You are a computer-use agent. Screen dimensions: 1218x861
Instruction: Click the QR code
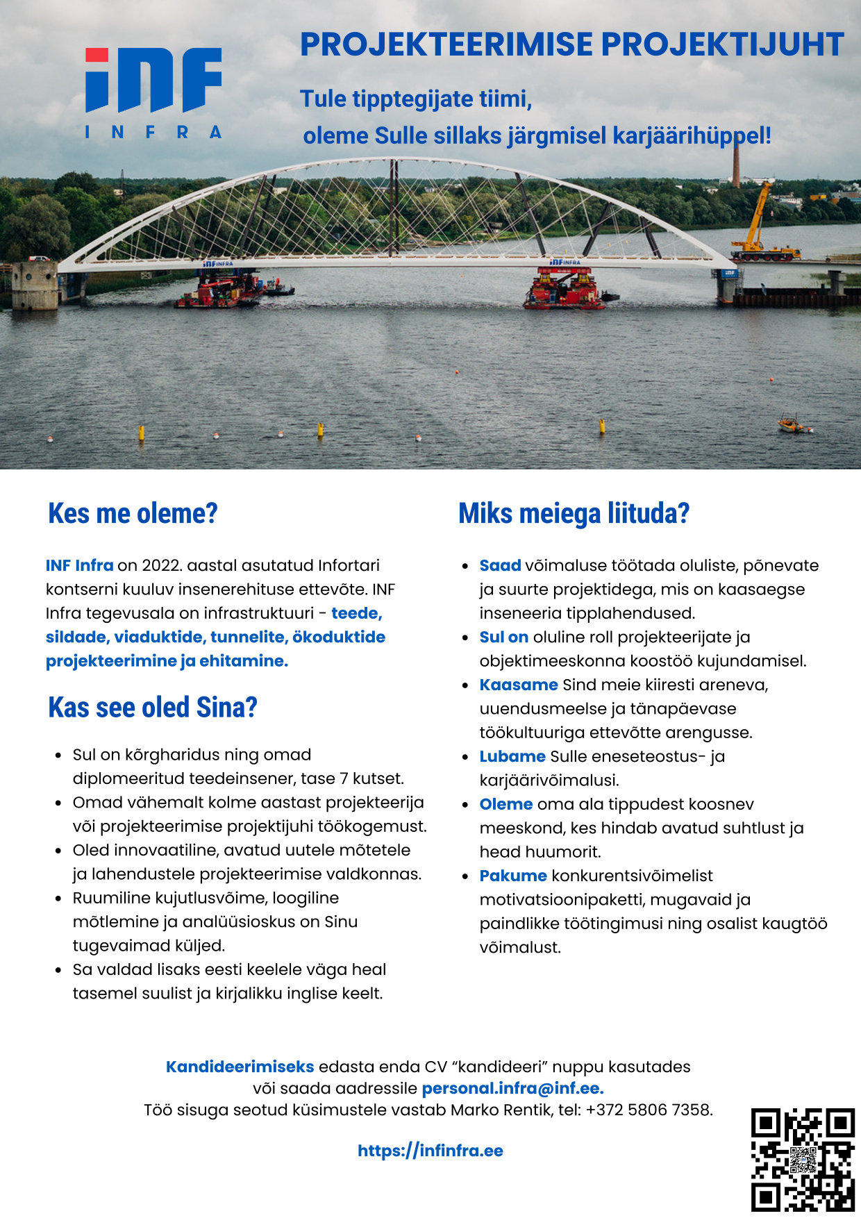802,1160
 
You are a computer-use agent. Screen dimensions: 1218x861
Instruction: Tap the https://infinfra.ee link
430,1151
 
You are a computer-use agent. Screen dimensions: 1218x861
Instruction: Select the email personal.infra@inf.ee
512,1088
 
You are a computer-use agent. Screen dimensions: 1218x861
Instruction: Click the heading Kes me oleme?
133,514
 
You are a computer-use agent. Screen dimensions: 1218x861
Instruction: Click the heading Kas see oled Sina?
153,708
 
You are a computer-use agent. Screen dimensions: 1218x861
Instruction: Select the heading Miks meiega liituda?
574,514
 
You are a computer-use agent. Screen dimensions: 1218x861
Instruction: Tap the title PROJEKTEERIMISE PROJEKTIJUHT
571,44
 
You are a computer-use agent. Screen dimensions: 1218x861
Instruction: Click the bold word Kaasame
519,685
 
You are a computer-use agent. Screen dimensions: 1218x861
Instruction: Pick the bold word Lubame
512,756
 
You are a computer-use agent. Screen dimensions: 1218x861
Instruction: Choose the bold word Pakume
513,876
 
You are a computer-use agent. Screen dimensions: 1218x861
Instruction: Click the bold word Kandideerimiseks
240,1067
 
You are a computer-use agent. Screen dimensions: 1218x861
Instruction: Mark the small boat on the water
794,424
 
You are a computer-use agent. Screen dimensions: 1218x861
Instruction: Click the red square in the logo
97,55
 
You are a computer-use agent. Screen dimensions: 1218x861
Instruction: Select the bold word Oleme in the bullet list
506,804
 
